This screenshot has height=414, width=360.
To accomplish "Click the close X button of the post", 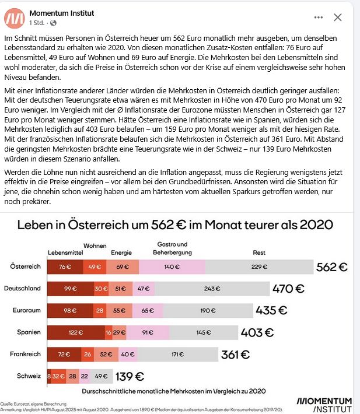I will tap(337, 17).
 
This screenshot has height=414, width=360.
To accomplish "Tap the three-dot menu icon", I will tap(318, 17).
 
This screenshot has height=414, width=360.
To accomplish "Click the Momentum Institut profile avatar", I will tap(14, 17).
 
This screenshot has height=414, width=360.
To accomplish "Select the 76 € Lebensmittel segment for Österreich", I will tap(65, 267).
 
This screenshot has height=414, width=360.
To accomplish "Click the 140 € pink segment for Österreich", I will tap(172, 267).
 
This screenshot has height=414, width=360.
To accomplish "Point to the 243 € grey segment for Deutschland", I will tap(212, 289).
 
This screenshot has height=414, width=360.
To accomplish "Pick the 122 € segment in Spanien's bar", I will tap(76, 332).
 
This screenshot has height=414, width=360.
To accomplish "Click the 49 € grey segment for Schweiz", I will tap(102, 376).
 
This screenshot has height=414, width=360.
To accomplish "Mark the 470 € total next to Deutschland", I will tap(289, 288).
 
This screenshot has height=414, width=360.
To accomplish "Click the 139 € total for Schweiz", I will tap(130, 376).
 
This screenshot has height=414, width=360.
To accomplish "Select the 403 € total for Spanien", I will tap(257, 332).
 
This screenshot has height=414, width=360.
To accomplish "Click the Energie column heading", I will tap(121, 252).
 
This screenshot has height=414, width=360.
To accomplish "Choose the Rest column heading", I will tap(258, 252).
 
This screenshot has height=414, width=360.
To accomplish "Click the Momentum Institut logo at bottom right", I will tap(324, 404).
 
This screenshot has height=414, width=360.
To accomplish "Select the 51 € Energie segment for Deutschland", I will tap(121, 289).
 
